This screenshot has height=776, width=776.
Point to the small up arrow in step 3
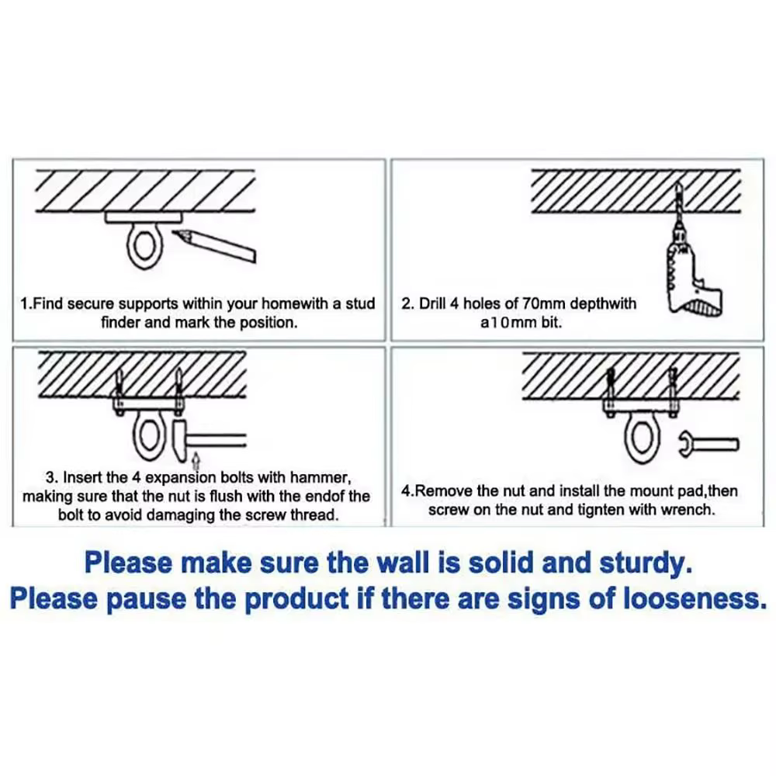click(x=196, y=460)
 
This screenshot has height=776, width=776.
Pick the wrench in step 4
click(x=708, y=443)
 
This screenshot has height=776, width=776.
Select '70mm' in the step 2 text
click(x=546, y=303)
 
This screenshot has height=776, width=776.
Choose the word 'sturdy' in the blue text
click(x=645, y=564)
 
